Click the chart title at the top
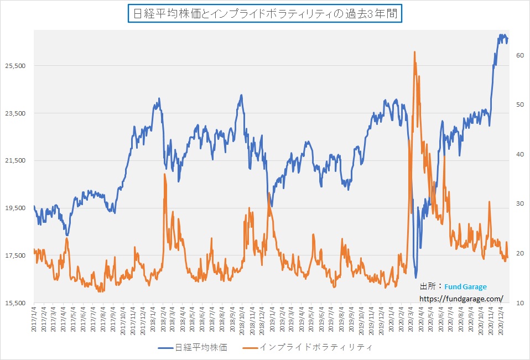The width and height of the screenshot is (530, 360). pyautogui.click(x=264, y=13)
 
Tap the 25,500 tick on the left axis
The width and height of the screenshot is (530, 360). pyautogui.click(x=15, y=66)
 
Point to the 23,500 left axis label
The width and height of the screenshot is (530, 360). pyautogui.click(x=15, y=113)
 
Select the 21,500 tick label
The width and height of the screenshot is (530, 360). pyautogui.click(x=15, y=161)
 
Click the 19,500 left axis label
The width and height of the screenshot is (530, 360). pyautogui.click(x=15, y=208)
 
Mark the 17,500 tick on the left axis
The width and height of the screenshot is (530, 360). pyautogui.click(x=15, y=256)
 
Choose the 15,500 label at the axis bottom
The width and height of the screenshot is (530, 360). pyautogui.click(x=15, y=304)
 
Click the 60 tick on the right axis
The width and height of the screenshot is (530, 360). pyautogui.click(x=520, y=55)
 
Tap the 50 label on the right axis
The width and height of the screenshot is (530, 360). pyautogui.click(x=520, y=105)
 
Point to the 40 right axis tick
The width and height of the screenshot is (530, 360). pyautogui.click(x=520, y=154)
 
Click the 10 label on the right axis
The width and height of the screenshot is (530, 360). pyautogui.click(x=520, y=304)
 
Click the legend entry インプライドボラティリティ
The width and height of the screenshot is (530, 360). pyautogui.click(x=316, y=347)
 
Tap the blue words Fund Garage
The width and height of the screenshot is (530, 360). pyautogui.click(x=466, y=287)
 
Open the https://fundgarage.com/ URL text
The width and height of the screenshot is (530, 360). pyautogui.click(x=461, y=299)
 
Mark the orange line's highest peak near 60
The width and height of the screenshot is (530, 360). pyautogui.click(x=414, y=51)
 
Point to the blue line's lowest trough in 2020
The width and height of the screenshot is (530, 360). pyautogui.click(x=415, y=278)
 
